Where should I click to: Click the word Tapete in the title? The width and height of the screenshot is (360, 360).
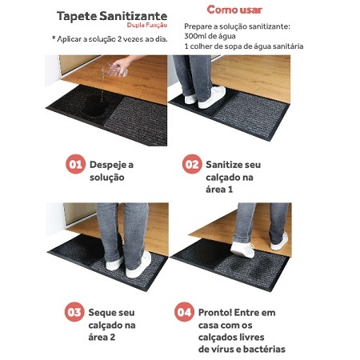coord(77,17)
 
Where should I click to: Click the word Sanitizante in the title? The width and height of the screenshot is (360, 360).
coord(134,16)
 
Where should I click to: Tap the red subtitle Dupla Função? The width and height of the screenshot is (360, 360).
coord(147,26)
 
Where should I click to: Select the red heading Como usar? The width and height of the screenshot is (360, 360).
coord(234,10)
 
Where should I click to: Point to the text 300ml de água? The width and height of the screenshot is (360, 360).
coord(210,36)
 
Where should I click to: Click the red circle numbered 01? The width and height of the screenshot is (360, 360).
coord(75,164)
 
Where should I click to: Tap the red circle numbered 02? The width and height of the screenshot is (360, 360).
coord(192,164)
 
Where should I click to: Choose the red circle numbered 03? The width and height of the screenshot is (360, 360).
coord(74,312)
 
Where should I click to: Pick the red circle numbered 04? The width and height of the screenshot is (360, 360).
coord(184,312)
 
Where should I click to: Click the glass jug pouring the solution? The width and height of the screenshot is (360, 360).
coord(114,70)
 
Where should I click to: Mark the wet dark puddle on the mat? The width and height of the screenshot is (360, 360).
coord(94,106)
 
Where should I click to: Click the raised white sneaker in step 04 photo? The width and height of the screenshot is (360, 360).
coord(242,250)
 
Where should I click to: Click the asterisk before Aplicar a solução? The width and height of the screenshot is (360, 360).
coord(54,38)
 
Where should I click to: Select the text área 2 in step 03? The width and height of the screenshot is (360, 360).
coord(102,337)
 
